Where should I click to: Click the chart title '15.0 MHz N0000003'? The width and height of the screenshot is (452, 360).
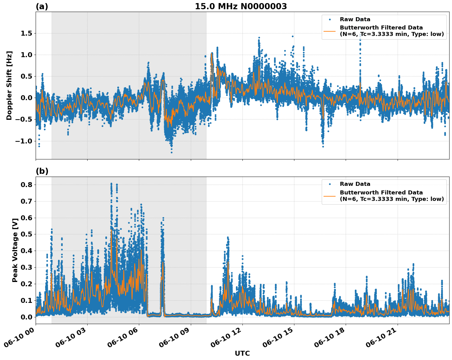coord(241,6)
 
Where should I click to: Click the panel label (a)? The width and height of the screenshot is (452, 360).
coord(42,6)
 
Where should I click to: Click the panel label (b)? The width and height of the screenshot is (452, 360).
coord(42,171)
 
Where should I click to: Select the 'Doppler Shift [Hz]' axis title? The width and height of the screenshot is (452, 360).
coord(9,85)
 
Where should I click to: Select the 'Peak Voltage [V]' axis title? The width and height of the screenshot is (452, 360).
coord(15,250)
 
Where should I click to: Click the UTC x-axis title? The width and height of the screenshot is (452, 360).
coord(242,353)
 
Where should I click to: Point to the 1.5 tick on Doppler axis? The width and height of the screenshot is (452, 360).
coord(26,33)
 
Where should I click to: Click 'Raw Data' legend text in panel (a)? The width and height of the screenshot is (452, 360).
coord(355,19)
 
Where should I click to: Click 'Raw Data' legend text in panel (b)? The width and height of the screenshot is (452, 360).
coord(355,184)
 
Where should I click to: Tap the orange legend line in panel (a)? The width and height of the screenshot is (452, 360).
coord(329,31)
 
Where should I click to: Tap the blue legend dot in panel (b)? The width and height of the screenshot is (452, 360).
coord(329,184)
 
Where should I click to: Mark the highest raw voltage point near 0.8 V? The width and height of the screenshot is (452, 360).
coord(111,184)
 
